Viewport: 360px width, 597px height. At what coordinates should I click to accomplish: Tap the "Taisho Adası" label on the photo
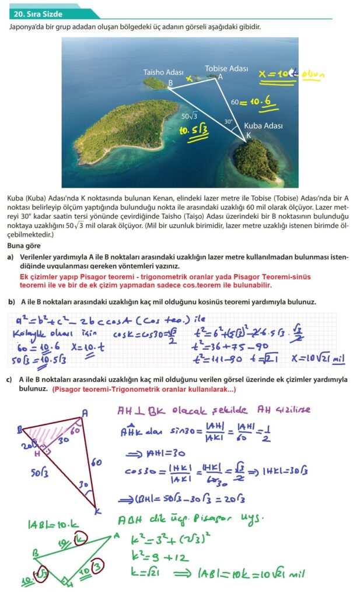[x=163, y=72]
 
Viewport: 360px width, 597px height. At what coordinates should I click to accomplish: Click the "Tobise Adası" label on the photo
[x=226, y=69]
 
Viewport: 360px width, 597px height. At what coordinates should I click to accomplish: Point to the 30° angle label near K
[x=229, y=122]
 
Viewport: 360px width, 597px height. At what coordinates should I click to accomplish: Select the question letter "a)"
[x=11, y=257]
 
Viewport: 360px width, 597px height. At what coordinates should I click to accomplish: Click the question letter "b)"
[x=11, y=302]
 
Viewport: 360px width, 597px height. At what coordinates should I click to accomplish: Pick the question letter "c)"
[x=11, y=380]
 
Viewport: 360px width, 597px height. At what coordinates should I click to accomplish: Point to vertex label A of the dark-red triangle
[x=85, y=412]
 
